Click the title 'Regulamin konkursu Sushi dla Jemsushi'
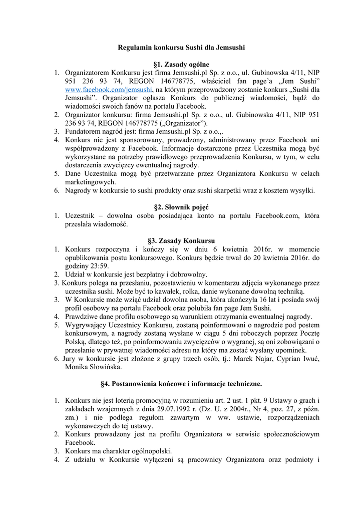click(x=181, y=48)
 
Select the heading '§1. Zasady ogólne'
click(x=181, y=64)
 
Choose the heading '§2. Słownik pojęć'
click(x=181, y=207)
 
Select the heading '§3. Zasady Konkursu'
click(x=181, y=240)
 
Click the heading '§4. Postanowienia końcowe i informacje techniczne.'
click(x=181, y=384)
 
